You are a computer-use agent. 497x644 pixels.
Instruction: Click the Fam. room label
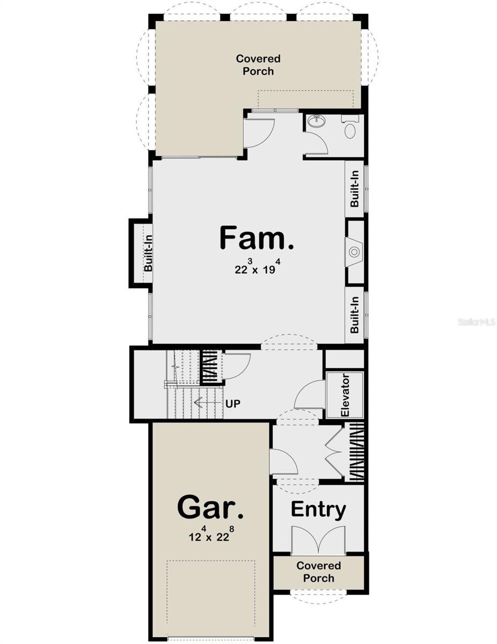257,239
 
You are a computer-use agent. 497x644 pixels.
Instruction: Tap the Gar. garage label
210,507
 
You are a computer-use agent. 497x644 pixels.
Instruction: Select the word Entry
318,509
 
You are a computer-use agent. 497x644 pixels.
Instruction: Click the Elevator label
345,395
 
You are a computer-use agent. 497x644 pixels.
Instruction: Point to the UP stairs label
233,402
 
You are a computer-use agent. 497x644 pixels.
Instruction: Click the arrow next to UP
207,402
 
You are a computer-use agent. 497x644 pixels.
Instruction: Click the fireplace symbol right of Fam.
354,252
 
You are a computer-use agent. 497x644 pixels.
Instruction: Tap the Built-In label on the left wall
148,253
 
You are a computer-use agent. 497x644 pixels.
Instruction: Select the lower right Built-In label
355,316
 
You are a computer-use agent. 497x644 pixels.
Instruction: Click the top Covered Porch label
258,65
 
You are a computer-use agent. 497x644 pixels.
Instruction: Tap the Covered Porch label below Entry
318,572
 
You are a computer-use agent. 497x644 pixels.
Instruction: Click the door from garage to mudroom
283,462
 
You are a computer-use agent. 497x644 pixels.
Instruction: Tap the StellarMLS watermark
476,322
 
